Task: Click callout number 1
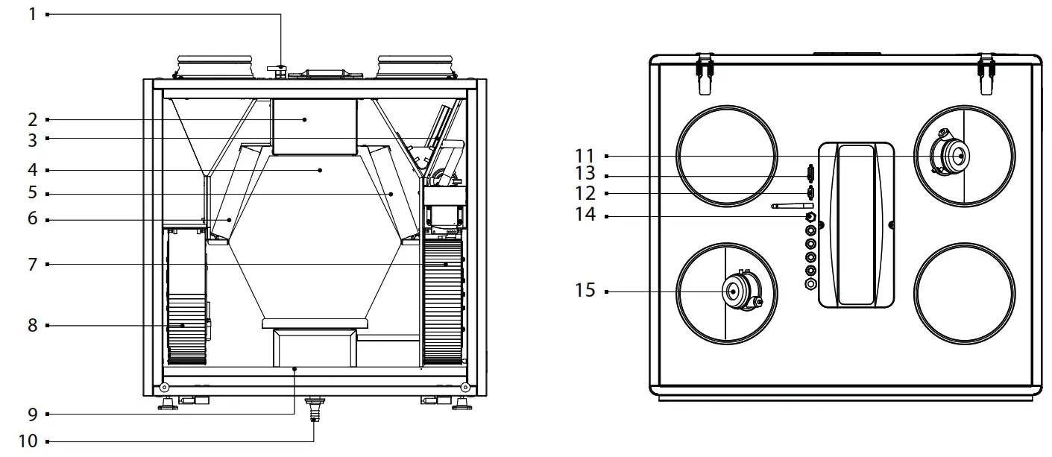point(32,14)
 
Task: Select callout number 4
point(32,170)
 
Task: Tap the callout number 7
point(32,264)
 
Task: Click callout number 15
point(585,291)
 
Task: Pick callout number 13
point(585,176)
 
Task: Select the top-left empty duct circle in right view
point(725,154)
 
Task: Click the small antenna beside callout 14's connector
point(790,206)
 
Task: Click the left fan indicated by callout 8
point(186,327)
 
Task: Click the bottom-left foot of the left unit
point(168,403)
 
